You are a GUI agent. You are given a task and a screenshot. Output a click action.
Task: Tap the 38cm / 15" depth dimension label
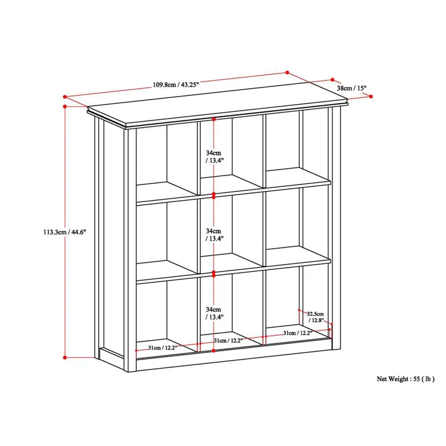(351, 88)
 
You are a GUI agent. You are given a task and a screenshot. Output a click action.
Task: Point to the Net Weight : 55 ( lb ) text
(405, 379)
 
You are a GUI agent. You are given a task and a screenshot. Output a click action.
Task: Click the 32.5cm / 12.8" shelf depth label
(315, 317)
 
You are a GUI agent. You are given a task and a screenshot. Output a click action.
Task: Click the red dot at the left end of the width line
(65, 95)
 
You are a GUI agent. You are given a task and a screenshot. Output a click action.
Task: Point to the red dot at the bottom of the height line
(65, 357)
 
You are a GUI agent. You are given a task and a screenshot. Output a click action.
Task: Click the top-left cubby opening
(166, 159)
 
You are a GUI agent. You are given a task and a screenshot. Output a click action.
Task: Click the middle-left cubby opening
(166, 237)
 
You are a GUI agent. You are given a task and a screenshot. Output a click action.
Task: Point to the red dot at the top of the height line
(65, 105)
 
